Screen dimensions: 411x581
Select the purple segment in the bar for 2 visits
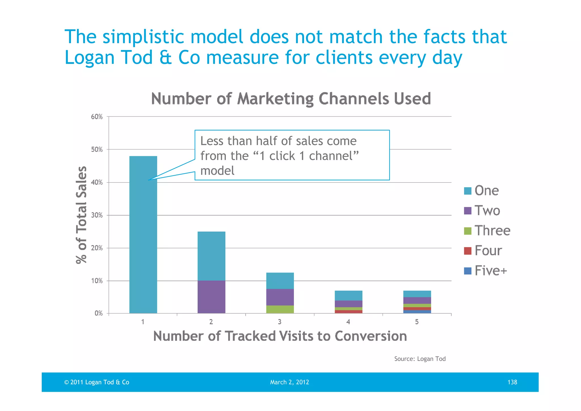211,297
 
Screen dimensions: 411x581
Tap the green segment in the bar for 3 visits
280,309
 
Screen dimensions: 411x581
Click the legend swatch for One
468,191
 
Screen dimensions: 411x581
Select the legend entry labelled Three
492,230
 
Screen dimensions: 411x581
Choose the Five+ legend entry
491,271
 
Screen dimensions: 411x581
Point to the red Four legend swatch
468,251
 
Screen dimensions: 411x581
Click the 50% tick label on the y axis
97,150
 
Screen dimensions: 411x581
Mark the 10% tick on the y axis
97,281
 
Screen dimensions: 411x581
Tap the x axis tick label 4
348,322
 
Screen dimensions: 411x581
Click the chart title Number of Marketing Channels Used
291,99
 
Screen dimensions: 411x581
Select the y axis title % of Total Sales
81,215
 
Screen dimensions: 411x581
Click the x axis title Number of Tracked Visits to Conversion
280,336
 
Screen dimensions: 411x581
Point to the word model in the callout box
217,171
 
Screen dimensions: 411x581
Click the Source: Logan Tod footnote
420,359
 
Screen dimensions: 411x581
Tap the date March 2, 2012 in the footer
289,382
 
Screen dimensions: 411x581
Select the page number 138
512,382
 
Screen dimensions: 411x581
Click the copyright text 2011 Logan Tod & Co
99,382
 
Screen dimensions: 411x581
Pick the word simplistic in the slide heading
144,37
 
